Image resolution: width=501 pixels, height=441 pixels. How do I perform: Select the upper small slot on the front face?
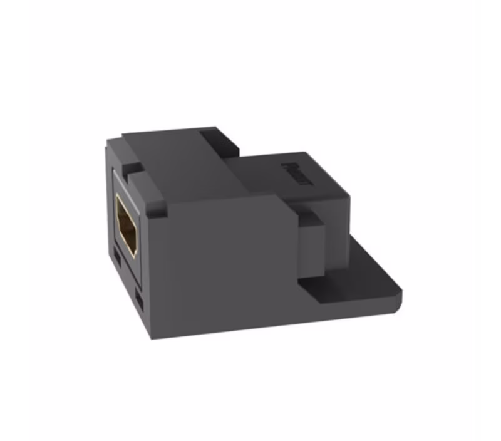(119, 257)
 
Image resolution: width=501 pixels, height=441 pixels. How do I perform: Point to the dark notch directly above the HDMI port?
(133, 170)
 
